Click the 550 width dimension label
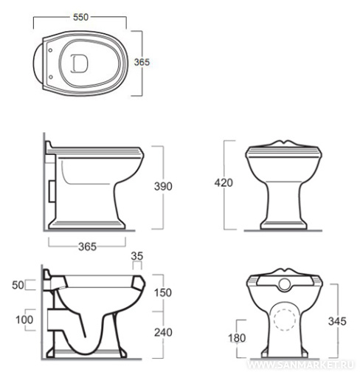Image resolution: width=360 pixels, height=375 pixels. (x=80, y=17)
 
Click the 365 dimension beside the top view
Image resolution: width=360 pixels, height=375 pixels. (x=142, y=62)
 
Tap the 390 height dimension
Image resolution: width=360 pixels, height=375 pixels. (x=163, y=187)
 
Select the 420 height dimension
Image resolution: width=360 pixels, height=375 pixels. (x=224, y=183)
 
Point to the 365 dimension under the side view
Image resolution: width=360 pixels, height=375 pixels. (x=87, y=247)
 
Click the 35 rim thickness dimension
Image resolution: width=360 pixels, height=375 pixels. (x=137, y=256)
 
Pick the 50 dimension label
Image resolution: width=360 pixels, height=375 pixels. (x=18, y=285)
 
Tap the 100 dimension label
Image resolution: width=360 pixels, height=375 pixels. (x=24, y=320)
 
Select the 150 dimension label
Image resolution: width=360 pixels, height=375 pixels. (x=163, y=293)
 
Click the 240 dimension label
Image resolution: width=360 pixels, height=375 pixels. (x=163, y=333)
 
